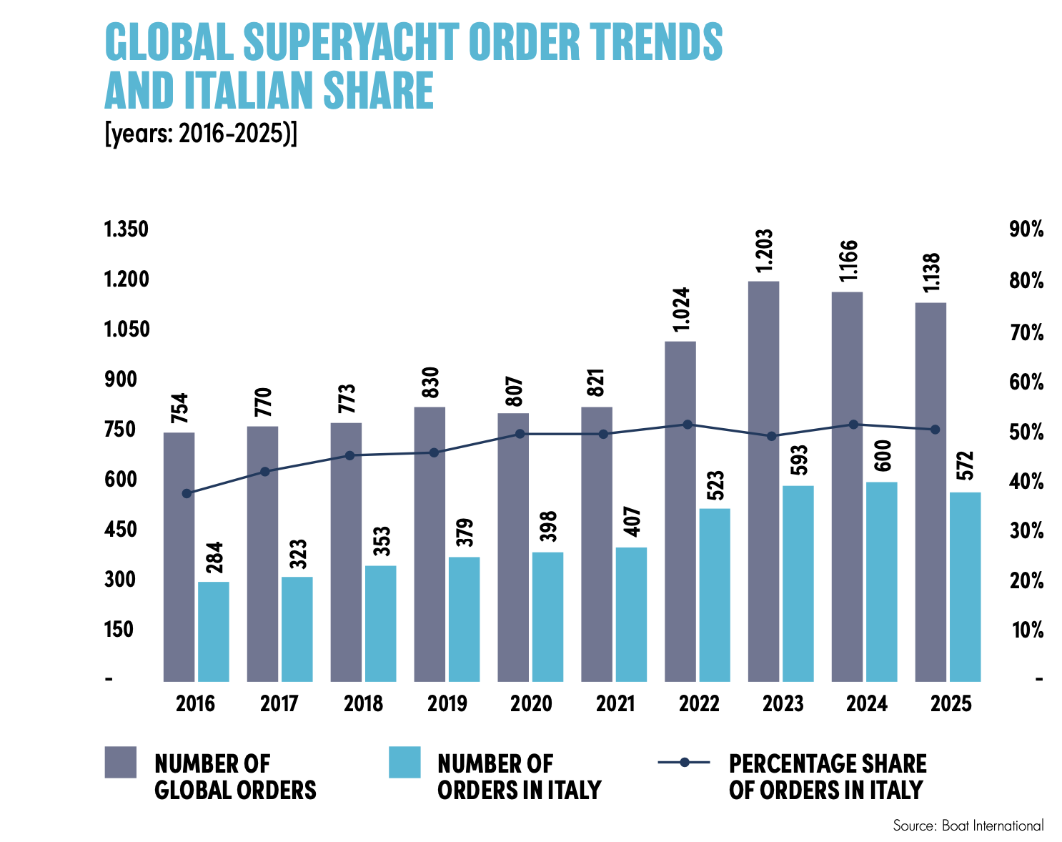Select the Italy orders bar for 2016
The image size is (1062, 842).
pyautogui.click(x=213, y=631)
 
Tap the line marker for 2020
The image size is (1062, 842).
pyautogui.click(x=520, y=434)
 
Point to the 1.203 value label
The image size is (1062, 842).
pyautogui.click(x=764, y=250)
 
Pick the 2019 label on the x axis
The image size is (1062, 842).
pyautogui.click(x=447, y=704)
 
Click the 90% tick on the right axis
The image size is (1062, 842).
pyautogui.click(x=1026, y=230)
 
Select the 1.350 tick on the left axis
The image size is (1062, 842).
pyautogui.click(x=126, y=230)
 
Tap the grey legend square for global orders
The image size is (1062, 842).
pyautogui.click(x=120, y=762)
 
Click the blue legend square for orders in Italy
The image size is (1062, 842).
pyautogui.click(x=405, y=762)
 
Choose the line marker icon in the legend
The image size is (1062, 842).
pyautogui.click(x=684, y=763)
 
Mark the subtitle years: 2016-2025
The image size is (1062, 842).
pyautogui.click(x=200, y=134)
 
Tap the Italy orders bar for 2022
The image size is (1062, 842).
pyautogui.click(x=715, y=595)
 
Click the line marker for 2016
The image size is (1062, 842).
pyautogui.click(x=187, y=493)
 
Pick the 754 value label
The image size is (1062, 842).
pyautogui.click(x=179, y=408)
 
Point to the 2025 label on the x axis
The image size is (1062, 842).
pyautogui.click(x=951, y=704)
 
